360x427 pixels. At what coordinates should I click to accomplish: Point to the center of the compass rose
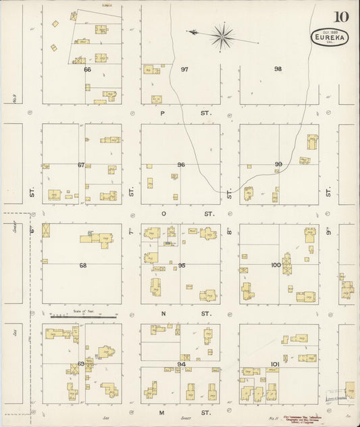pyautogui.click(x=222, y=35)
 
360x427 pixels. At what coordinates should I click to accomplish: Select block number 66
pyautogui.click(x=87, y=69)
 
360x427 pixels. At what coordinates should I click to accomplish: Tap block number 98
pyautogui.click(x=278, y=69)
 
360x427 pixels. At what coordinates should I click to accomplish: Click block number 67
pyautogui.click(x=81, y=165)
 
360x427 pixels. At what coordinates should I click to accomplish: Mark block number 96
pyautogui.click(x=181, y=165)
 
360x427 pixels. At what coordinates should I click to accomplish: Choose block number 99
pyautogui.click(x=278, y=165)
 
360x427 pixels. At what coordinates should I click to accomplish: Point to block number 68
pyautogui.click(x=83, y=266)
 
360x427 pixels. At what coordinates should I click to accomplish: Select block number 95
pyautogui.click(x=181, y=266)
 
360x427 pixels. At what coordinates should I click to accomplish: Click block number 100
pyautogui.click(x=275, y=265)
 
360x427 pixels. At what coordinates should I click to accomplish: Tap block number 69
pyautogui.click(x=82, y=364)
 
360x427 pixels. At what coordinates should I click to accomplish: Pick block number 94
pyautogui.click(x=181, y=364)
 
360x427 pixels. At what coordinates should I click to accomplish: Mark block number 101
pyautogui.click(x=275, y=364)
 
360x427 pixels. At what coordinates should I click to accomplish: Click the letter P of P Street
pyautogui.click(x=162, y=114)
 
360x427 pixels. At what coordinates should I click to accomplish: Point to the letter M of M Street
pyautogui.click(x=162, y=412)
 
